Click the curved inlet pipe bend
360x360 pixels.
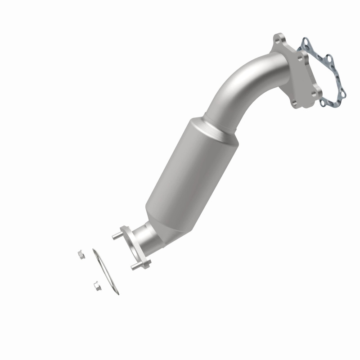pos(243,81)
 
